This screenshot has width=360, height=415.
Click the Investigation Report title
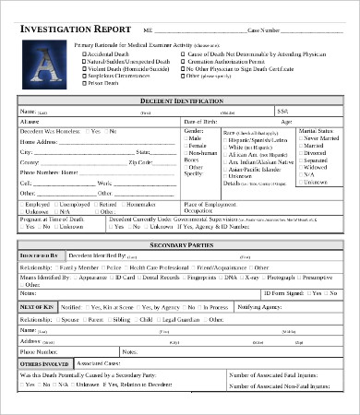tap(70, 30)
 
